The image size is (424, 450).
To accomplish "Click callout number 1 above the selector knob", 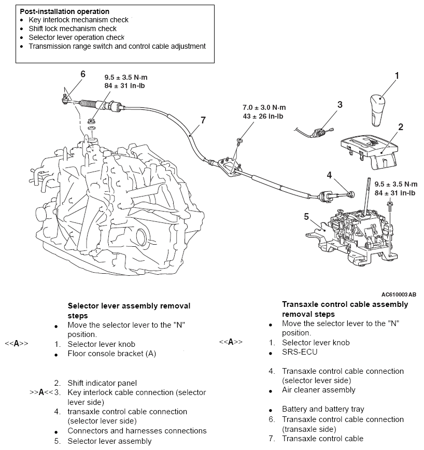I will coord(397,76).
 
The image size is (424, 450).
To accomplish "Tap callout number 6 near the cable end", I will coord(82,74).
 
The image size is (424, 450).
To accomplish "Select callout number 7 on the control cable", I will coord(203,120).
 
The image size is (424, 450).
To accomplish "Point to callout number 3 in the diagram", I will coord(340,105).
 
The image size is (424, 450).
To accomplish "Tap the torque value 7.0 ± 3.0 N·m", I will coord(264,107).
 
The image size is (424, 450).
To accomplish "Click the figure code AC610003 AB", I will coord(398,294).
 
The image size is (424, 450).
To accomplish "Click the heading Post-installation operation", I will coord(65,11).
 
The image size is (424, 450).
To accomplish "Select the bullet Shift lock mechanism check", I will coord(73,29).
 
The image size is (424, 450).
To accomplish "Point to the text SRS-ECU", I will coord(300,352).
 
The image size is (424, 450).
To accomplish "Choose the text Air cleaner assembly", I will coord(318,390).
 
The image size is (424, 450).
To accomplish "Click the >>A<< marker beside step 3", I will coord(40,392).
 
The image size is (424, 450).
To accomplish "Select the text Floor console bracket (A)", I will coord(111,354).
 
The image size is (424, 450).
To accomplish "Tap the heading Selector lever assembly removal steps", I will coord(129,311).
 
